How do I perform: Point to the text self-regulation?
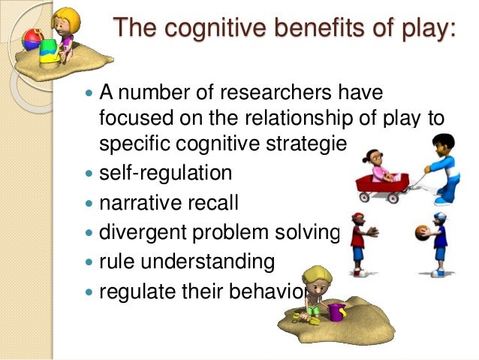(165, 173)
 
